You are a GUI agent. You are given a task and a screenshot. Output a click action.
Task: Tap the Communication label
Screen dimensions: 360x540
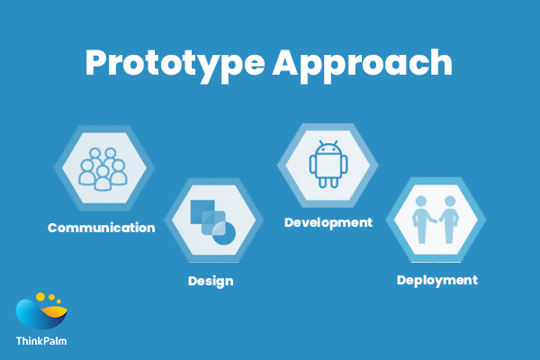(x=101, y=228)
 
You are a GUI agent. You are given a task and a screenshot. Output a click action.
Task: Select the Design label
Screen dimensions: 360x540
(x=211, y=281)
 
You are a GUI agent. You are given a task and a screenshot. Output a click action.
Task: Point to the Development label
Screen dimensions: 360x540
(x=328, y=221)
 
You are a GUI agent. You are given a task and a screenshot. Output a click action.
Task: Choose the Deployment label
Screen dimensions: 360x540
(x=436, y=280)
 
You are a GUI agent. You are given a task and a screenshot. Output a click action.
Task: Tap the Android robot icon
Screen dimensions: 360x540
(x=327, y=163)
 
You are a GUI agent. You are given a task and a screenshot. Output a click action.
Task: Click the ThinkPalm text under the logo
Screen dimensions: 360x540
(x=40, y=341)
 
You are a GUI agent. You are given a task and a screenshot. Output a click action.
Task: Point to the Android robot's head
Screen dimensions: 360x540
(x=327, y=148)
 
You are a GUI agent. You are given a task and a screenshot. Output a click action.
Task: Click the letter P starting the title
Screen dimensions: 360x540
(x=96, y=64)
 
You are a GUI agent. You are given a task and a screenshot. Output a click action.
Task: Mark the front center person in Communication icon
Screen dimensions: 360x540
(x=103, y=176)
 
